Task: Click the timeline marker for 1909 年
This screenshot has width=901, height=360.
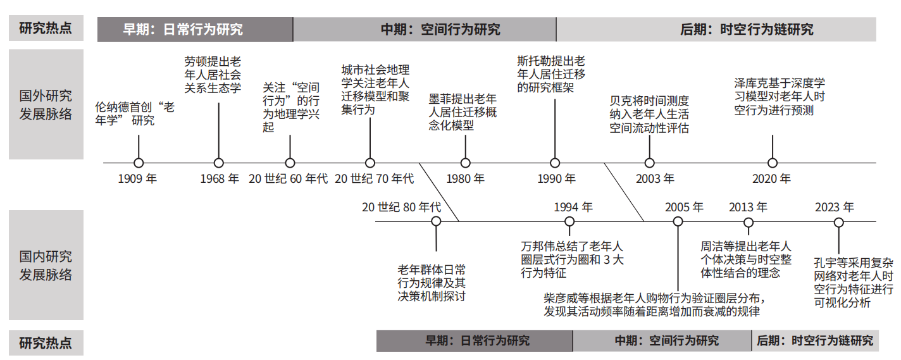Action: [139, 163]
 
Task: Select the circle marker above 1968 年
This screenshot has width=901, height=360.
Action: [218, 163]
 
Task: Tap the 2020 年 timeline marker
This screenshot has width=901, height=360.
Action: [773, 163]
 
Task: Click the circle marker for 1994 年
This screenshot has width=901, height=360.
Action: [569, 221]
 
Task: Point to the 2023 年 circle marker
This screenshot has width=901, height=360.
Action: [838, 223]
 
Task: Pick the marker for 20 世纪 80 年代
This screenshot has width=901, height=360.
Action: [436, 221]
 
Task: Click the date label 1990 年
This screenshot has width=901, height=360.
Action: [557, 178]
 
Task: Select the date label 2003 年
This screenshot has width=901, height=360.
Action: [655, 178]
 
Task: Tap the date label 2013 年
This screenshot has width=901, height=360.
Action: [748, 207]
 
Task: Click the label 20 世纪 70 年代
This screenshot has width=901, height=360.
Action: [374, 178]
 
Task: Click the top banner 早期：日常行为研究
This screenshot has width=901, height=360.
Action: [195, 29]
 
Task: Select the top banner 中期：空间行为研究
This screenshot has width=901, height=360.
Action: [425, 29]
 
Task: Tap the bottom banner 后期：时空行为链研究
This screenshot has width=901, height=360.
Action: [815, 341]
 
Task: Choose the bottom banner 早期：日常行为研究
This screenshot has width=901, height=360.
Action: [475, 341]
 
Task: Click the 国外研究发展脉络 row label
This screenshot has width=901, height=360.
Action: [46, 104]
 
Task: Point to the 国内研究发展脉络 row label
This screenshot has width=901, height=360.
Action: [46, 265]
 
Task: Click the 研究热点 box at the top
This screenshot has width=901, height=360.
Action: [46, 28]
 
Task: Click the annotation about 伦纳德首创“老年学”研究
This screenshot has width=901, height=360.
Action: [135, 114]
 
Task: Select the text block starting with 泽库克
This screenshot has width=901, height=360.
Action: [780, 97]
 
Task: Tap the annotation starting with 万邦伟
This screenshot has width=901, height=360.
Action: [572, 259]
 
